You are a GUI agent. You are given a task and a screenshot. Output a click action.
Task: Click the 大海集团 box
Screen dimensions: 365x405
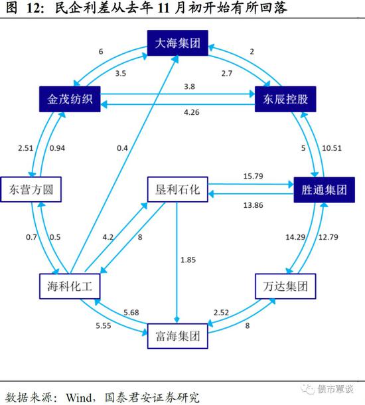coord(178,43)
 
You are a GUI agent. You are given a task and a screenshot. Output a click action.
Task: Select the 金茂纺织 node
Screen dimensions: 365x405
coord(70,99)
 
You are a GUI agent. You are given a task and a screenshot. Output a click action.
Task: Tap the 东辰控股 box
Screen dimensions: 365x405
coord(285,99)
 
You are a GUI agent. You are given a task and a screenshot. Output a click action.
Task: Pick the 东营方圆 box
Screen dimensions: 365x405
coord(31,189)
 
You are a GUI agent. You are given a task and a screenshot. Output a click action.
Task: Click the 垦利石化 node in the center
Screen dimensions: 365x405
coord(178,189)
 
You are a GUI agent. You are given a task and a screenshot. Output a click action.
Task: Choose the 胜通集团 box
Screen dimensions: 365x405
coord(325,190)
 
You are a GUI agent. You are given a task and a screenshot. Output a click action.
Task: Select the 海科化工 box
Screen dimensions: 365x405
coord(70,286)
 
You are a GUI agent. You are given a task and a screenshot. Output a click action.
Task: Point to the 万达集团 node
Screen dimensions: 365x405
coord(285,286)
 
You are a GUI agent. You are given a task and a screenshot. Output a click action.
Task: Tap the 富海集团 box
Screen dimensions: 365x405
coord(178,336)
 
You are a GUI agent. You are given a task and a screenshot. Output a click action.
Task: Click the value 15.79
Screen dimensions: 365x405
coord(254,176)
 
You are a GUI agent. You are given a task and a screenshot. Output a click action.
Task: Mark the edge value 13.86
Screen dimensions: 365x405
coord(254,205)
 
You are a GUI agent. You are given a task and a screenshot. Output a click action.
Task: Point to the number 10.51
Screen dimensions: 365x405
coord(332,148)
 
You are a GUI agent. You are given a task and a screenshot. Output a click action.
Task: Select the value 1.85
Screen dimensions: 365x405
coord(188,260)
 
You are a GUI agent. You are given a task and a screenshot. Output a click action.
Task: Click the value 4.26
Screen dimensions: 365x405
coord(192,112)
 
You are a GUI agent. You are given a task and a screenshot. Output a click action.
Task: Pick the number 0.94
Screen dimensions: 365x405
coord(57,148)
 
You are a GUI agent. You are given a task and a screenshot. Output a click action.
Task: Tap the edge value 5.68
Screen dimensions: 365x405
coord(131,313)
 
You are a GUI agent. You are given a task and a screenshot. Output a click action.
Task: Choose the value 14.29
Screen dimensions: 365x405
coord(295,237)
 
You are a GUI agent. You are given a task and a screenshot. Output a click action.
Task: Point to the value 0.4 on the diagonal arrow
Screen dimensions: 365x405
coord(122,148)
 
